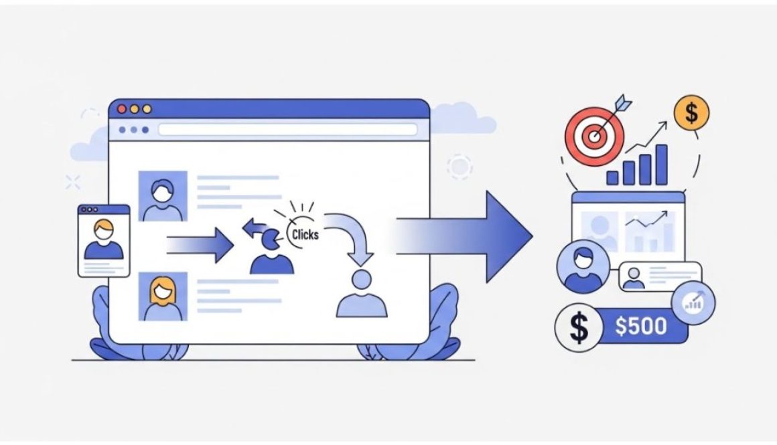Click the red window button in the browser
tap(122, 109)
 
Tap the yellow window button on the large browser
tap(147, 109)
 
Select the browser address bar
tap(287, 130)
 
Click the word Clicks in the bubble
tap(305, 234)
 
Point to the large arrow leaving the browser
tap(464, 237)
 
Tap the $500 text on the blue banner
tap(641, 326)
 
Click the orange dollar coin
tap(691, 113)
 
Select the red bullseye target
tap(595, 136)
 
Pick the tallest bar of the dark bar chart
tap(662, 165)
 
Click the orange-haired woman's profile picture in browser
tap(163, 296)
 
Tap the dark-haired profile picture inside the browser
tap(163, 196)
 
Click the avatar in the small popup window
tap(104, 240)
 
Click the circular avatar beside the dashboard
tap(583, 267)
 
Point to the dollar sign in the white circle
tap(579, 327)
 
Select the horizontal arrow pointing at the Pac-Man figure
tap(200, 246)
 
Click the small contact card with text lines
tap(660, 276)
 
